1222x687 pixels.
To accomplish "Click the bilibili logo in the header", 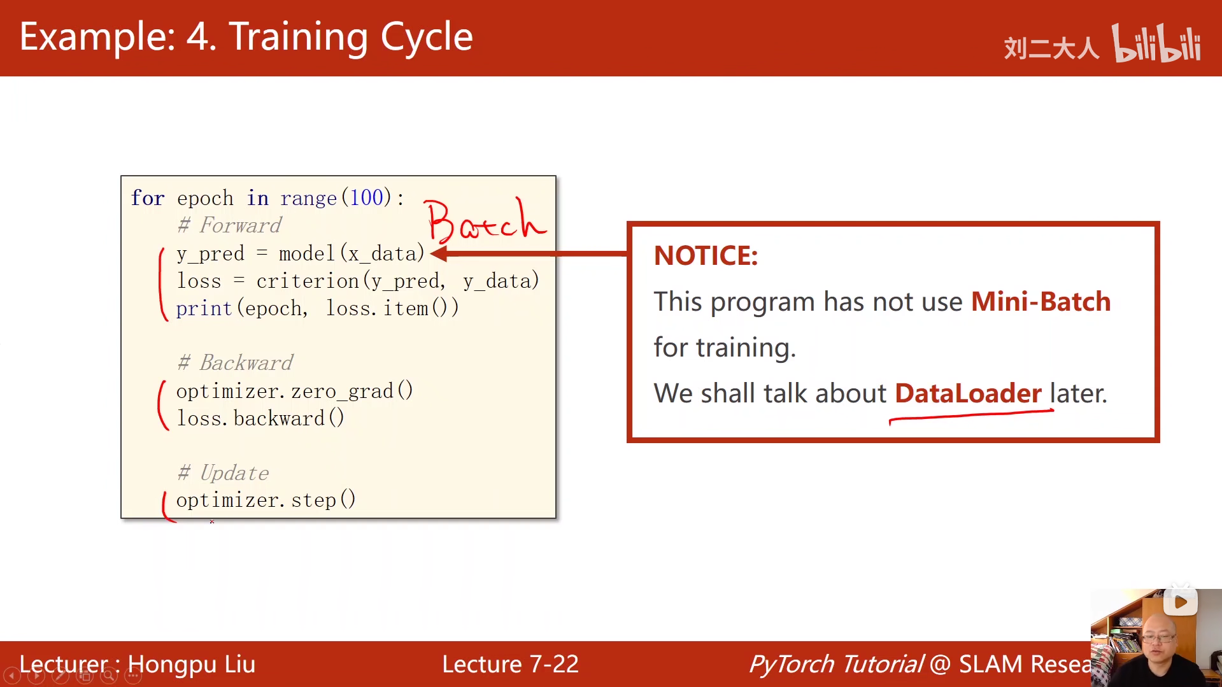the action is click(1156, 43).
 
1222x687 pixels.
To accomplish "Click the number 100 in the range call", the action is click(367, 197).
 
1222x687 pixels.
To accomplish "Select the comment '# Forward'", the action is click(229, 225).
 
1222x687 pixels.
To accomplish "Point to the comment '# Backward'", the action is click(235, 362).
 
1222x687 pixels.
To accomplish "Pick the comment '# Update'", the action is click(223, 472).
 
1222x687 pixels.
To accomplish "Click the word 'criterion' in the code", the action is click(308, 281).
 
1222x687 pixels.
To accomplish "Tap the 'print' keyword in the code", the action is click(204, 309).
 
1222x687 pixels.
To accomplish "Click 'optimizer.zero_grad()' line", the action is click(295, 391).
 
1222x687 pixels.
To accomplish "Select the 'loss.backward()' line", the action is click(260, 418).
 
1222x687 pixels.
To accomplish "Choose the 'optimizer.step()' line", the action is click(266, 500).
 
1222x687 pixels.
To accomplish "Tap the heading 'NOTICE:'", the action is click(706, 256).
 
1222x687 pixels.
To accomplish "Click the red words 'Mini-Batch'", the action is click(1041, 302).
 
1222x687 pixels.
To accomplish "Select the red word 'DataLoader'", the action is click(968, 393).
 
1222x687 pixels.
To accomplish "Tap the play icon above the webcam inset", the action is click(1181, 602).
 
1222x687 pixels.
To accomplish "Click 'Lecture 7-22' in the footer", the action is click(510, 664).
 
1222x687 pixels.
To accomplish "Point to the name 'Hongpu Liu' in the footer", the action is click(191, 665).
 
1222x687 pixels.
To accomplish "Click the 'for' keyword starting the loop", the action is click(148, 198).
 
